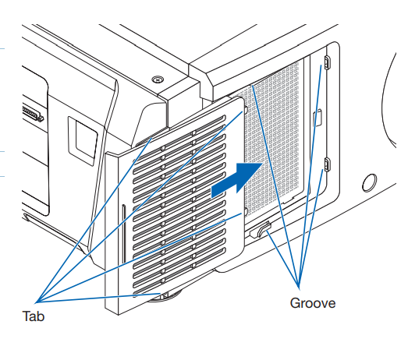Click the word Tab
(34, 316)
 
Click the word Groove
(313, 303)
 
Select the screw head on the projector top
(158, 78)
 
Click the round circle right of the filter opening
(370, 182)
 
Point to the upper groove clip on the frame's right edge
(327, 62)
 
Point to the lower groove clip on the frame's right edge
(327, 164)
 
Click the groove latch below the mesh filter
(261, 230)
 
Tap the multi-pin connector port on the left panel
(33, 113)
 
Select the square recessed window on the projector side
(83, 140)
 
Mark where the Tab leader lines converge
(36, 302)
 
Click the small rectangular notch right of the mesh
(318, 118)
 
